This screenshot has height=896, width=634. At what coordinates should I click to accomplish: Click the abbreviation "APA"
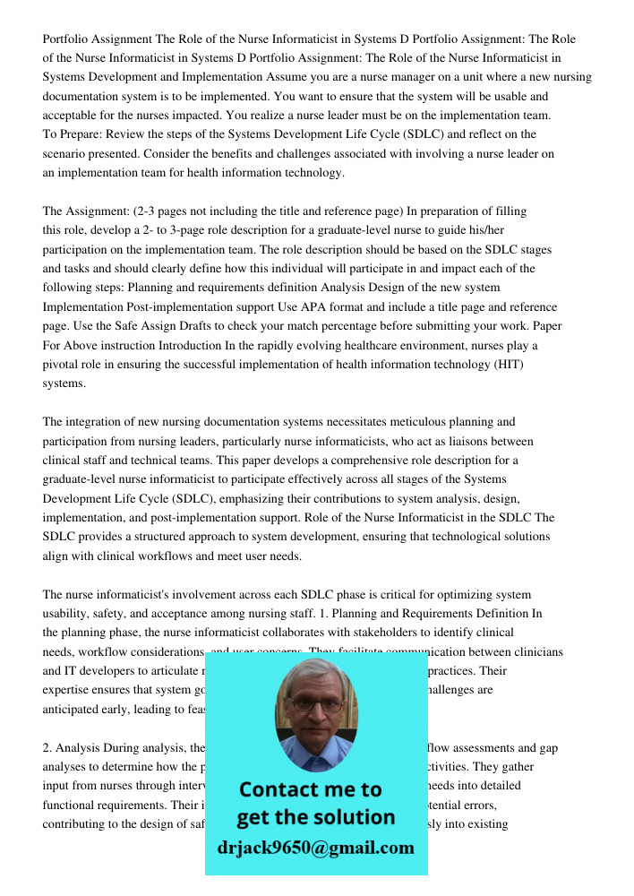[338, 306]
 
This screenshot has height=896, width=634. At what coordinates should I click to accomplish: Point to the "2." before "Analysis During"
[48, 747]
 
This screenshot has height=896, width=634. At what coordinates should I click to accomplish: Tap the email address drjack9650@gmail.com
[315, 848]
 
